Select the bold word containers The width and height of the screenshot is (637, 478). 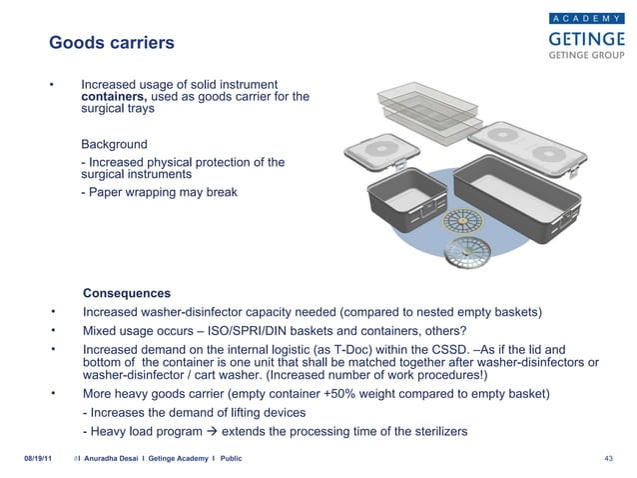[x=114, y=97]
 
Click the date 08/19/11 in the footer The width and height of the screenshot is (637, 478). [x=38, y=457]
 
